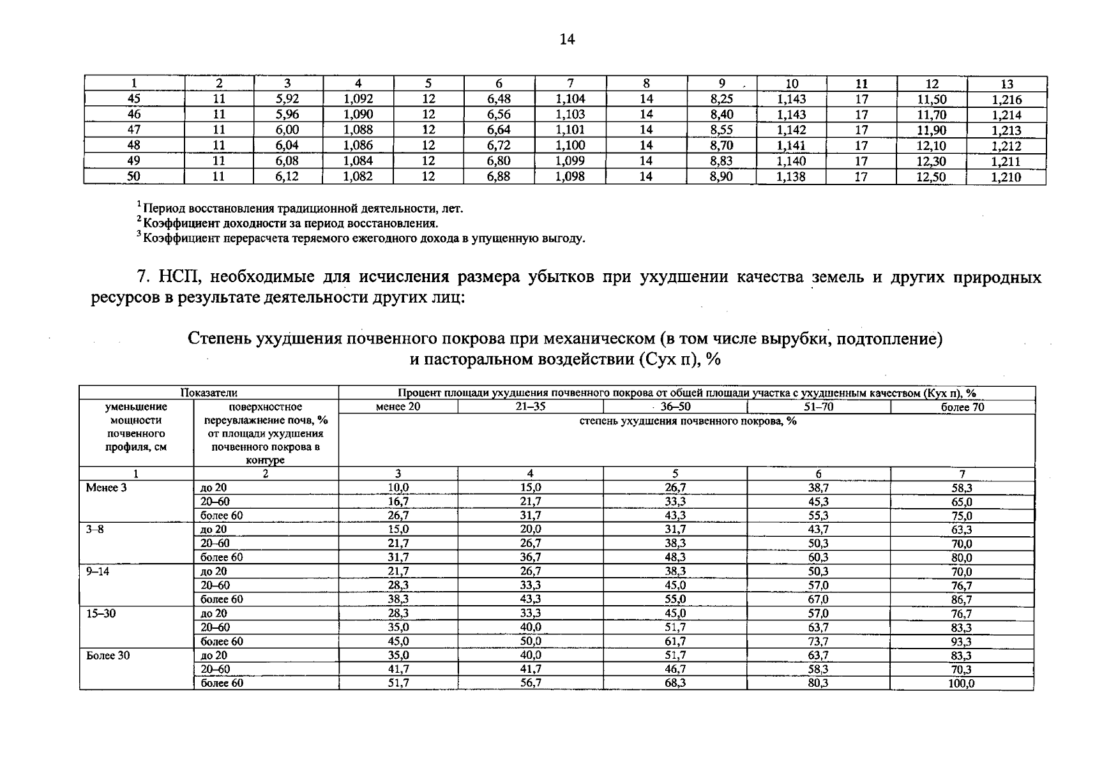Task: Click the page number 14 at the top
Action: pos(567,40)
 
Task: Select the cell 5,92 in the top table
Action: pos(287,99)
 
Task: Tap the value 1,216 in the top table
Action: pos(1006,100)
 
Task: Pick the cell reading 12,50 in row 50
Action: pos(931,177)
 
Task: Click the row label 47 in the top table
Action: pos(134,130)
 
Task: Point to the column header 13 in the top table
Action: pos(1007,84)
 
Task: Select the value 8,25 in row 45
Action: pos(721,99)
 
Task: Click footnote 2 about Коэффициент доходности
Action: pos(289,223)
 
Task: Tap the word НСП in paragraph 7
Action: pos(180,277)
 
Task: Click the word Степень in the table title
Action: pos(219,338)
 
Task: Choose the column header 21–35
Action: pos(530,407)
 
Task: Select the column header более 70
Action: pos(962,407)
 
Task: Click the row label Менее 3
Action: pos(102,488)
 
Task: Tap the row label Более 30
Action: pos(108,656)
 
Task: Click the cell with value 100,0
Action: pos(962,684)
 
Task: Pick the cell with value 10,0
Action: pos(398,488)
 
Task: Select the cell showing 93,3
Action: pos(962,642)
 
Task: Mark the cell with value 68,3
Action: pos(675,683)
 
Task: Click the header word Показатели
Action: pos(208,393)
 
